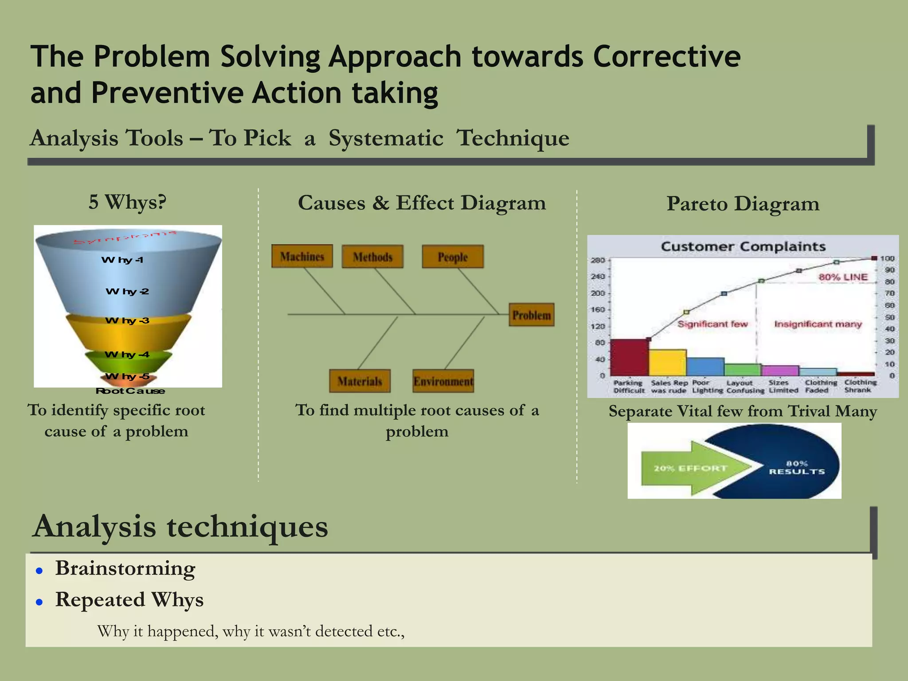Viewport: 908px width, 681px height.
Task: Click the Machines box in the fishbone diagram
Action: (302, 256)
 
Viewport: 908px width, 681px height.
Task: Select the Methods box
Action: (372, 257)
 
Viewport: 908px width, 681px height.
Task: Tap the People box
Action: (453, 257)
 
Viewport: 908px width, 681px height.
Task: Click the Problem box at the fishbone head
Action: (532, 315)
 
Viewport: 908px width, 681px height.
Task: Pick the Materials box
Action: (360, 381)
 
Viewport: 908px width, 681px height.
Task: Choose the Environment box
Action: (443, 381)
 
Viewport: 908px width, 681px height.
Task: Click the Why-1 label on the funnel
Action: (122, 260)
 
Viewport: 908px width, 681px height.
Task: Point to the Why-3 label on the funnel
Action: (127, 320)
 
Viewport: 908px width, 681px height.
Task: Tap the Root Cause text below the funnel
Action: (130, 391)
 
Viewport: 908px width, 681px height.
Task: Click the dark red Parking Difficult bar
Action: (630, 357)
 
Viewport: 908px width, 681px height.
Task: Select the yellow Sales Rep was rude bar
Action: (668, 363)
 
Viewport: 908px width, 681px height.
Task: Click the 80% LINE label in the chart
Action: (843, 277)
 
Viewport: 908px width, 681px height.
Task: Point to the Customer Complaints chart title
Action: (743, 247)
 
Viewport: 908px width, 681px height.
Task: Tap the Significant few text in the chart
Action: (712, 324)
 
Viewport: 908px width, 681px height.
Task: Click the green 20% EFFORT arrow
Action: (692, 468)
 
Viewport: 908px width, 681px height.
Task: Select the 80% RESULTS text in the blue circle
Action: (797, 468)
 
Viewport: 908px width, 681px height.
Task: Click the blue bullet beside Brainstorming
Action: (39, 571)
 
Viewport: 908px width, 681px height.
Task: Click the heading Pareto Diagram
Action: (743, 204)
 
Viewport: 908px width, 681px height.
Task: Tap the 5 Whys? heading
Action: (128, 202)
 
